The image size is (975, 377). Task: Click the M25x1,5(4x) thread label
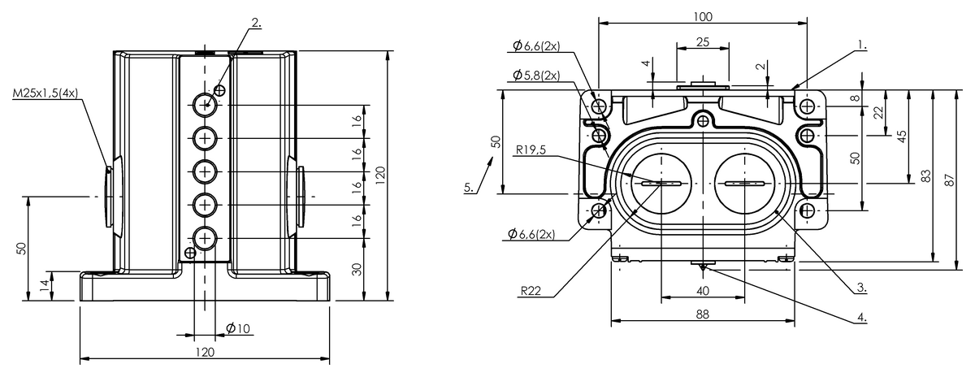pyautogui.click(x=45, y=93)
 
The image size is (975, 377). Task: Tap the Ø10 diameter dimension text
pyautogui.click(x=238, y=328)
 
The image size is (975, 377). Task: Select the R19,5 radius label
pyautogui.click(x=531, y=149)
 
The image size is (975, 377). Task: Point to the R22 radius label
pyautogui.click(x=531, y=290)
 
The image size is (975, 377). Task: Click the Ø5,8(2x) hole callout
pyautogui.click(x=536, y=76)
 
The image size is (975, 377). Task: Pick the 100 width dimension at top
pyautogui.click(x=703, y=17)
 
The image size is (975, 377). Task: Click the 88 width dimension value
pyautogui.click(x=703, y=314)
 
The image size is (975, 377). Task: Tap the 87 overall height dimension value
pyautogui.click(x=950, y=180)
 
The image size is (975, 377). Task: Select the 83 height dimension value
pyautogui.click(x=927, y=175)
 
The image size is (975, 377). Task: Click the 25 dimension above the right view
pyautogui.click(x=703, y=41)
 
